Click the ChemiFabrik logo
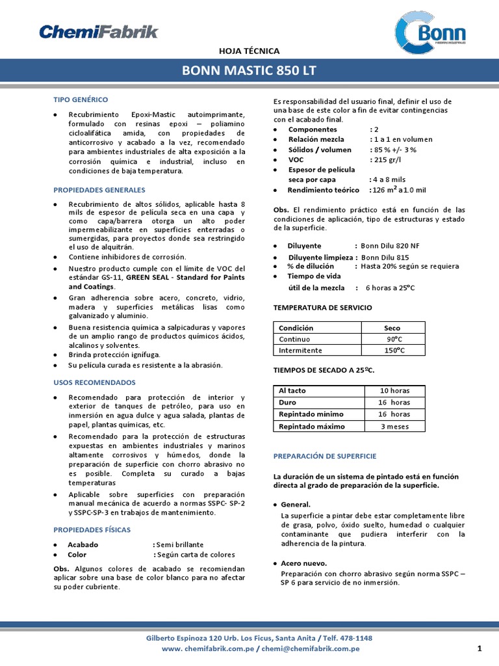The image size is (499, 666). coord(98,31)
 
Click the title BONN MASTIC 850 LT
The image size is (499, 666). coord(249,70)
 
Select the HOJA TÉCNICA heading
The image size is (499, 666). coord(249,50)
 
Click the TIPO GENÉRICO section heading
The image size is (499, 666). coord(81,99)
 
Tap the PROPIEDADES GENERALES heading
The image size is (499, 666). coord(99,190)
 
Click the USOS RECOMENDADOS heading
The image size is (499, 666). coord(94,382)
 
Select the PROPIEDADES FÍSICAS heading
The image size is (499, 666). coord(92,529)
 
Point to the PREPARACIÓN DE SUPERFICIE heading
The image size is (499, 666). coord(325,456)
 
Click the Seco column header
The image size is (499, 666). coord(392,328)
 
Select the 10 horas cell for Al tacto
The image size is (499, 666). coord(394,391)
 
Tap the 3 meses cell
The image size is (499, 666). coord(394,426)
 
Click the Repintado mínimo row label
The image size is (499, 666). coord(312,414)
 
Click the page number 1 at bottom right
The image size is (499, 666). coord(479,648)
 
